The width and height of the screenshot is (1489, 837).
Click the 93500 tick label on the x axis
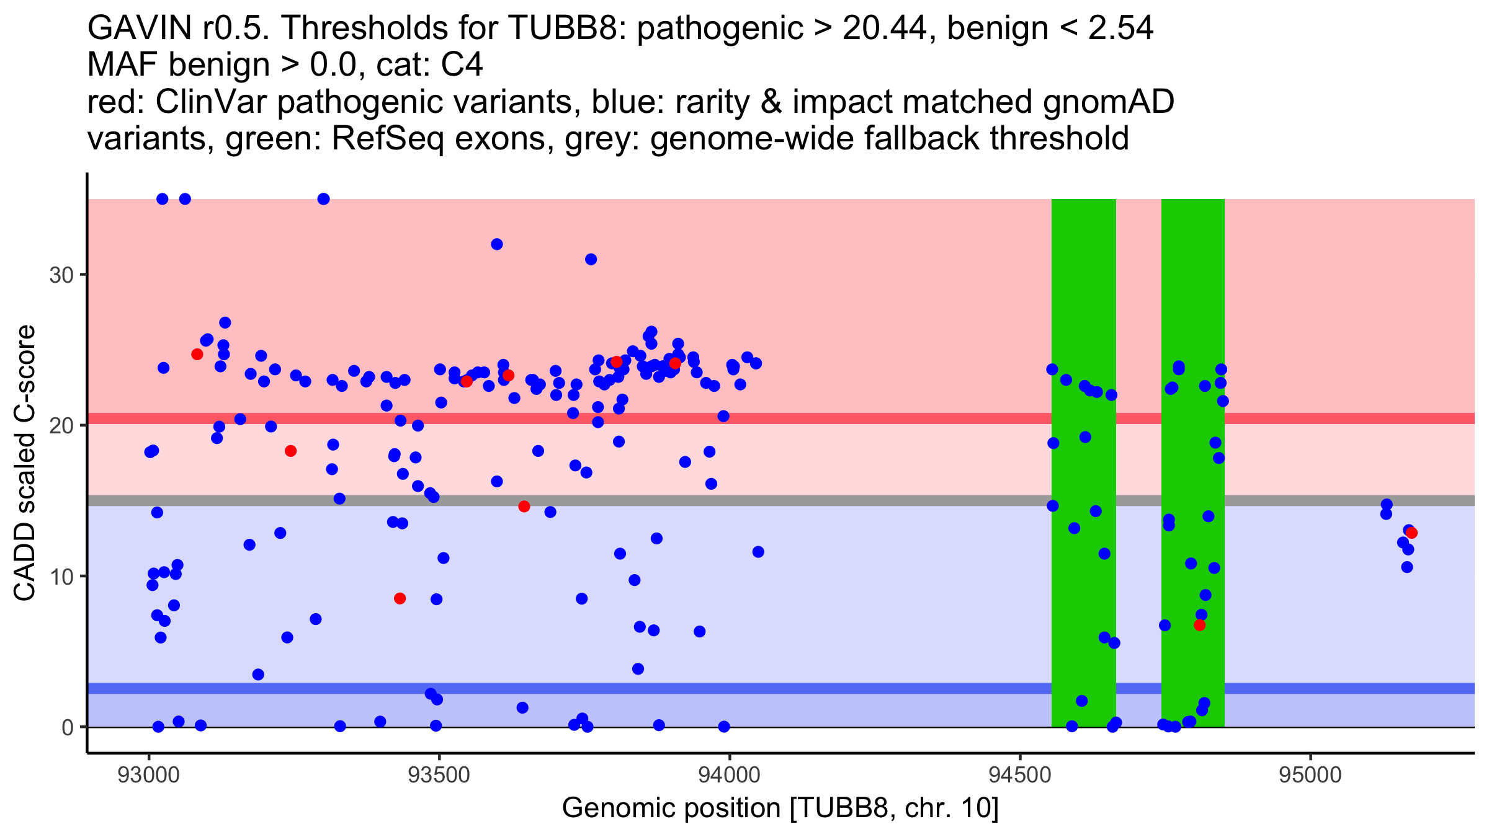click(439, 775)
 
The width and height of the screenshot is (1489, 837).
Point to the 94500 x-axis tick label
click(1019, 775)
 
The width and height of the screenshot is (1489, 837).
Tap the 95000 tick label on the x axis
click(1310, 775)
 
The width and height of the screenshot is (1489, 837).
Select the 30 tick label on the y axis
click(61, 275)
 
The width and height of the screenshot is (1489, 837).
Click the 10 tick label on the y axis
click(61, 577)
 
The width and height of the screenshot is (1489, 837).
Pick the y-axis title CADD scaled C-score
click(25, 463)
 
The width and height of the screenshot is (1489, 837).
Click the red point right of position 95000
click(1411, 533)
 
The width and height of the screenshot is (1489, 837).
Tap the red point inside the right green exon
click(1199, 625)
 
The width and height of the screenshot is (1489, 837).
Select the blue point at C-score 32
click(496, 244)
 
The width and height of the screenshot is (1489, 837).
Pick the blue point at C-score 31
click(591, 259)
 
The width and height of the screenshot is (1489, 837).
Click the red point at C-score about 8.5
click(400, 598)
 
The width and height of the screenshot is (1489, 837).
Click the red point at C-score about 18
click(290, 451)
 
